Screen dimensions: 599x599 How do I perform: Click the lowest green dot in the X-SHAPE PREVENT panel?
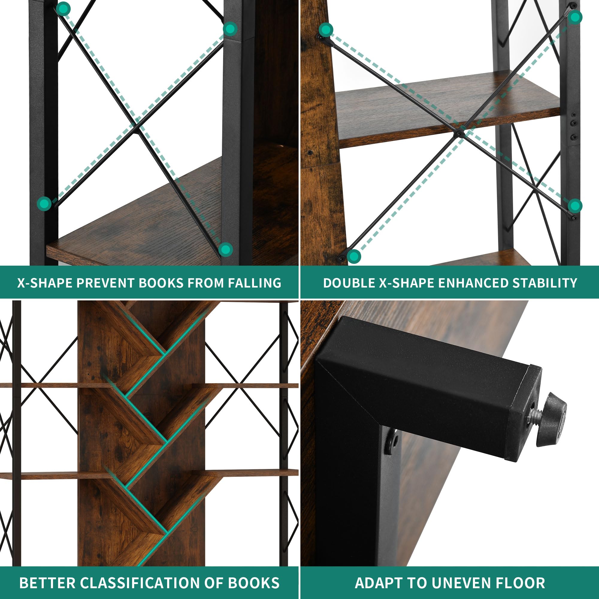(226, 249)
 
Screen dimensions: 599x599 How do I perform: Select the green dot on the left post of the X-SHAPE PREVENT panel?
(44, 204)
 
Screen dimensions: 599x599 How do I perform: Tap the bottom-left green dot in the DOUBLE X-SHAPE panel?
(354, 256)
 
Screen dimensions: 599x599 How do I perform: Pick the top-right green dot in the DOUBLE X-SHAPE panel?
(575, 17)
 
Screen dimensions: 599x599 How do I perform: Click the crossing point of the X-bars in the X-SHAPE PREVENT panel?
(136, 126)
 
